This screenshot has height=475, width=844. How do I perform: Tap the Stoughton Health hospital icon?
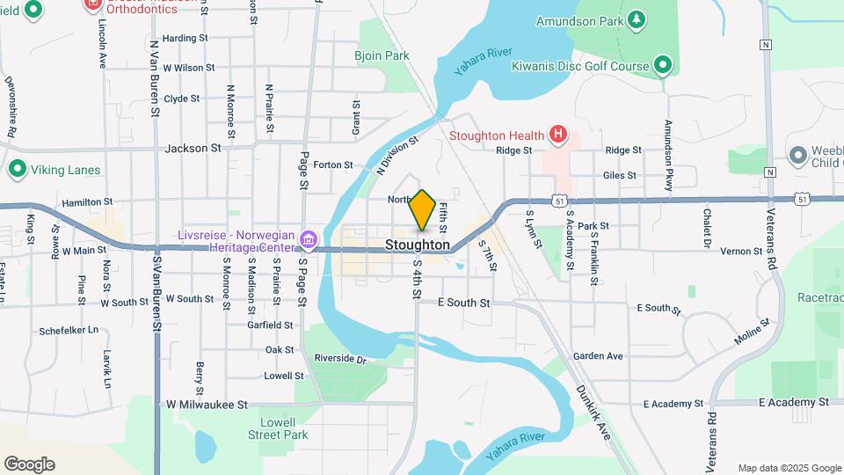tap(556, 135)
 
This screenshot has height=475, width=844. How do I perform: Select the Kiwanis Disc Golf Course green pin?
tap(663, 65)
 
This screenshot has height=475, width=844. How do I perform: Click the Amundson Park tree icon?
tap(637, 19)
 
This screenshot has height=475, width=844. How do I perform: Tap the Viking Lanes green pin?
tap(17, 169)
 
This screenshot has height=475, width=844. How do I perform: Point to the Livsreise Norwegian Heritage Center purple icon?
tap(308, 239)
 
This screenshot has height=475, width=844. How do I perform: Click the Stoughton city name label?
tap(418, 245)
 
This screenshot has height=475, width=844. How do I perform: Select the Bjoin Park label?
tap(382, 55)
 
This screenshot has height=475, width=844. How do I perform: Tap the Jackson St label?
tap(193, 149)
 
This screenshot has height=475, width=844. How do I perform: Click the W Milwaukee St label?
tap(207, 405)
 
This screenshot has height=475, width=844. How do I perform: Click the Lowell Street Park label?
tap(277, 428)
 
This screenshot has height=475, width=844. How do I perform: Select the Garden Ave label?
tap(598, 356)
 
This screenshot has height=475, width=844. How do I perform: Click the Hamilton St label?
tap(87, 202)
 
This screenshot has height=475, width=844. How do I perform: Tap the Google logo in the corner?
tap(29, 464)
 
